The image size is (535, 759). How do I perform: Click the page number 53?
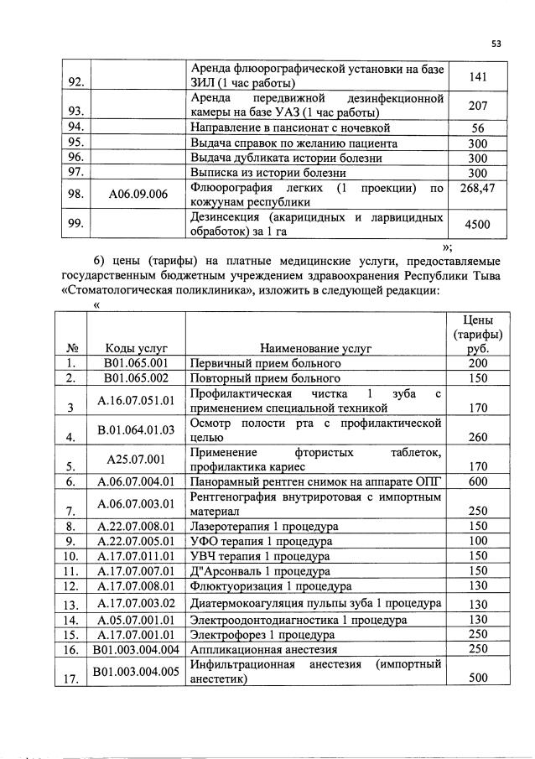click(496, 44)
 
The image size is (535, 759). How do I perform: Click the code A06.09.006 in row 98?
click(138, 195)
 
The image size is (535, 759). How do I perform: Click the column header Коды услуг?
click(138, 347)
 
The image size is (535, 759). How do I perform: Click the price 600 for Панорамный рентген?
click(478, 481)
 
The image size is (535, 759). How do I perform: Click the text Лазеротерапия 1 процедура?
click(264, 527)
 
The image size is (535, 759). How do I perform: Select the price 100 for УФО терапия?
click(478, 542)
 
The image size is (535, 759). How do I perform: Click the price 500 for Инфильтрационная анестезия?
click(478, 680)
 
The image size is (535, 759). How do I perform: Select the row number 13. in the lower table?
click(73, 605)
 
